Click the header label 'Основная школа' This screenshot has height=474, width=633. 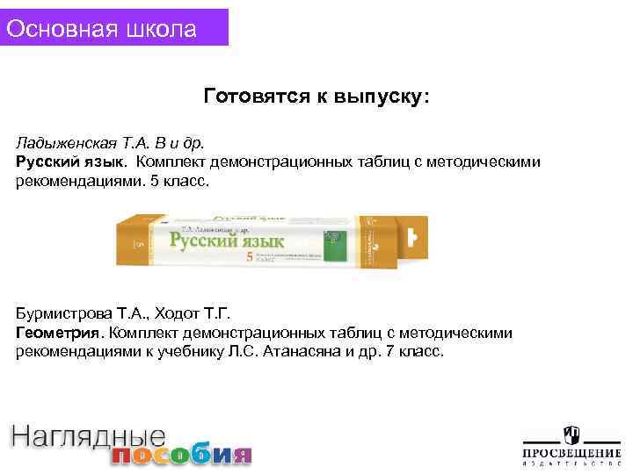click(101, 28)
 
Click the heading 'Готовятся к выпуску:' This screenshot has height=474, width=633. click(316, 95)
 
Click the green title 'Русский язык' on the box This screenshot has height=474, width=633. click(228, 241)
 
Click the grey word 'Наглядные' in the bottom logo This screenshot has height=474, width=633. click(88, 437)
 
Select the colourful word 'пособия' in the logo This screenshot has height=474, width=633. click(181, 455)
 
